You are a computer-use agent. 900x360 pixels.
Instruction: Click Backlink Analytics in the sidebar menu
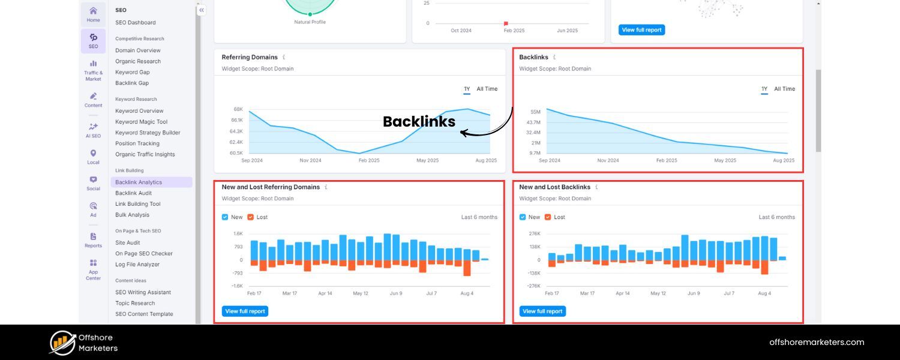(x=139, y=182)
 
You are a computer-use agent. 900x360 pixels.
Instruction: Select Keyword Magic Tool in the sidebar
(x=141, y=122)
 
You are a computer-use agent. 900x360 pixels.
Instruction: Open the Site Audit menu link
(x=127, y=243)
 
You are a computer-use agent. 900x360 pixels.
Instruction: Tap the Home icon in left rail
(x=93, y=14)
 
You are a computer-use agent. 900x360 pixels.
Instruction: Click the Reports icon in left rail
(x=93, y=240)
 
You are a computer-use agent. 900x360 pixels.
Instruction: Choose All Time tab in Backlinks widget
(x=784, y=89)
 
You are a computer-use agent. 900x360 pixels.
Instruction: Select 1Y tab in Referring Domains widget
(x=467, y=89)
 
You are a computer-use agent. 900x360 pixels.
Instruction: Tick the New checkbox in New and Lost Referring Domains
(x=225, y=217)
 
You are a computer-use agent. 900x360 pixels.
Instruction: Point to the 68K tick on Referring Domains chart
(x=238, y=109)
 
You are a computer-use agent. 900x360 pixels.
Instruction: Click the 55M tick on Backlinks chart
(x=535, y=112)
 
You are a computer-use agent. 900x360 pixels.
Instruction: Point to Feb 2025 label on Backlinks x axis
(x=667, y=161)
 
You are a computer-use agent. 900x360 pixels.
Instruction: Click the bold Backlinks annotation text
(x=419, y=122)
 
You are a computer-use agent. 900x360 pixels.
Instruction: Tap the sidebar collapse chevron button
(x=202, y=10)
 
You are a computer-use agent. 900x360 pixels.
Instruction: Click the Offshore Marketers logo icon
(x=62, y=343)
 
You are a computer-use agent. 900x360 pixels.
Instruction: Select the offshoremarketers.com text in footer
(x=817, y=343)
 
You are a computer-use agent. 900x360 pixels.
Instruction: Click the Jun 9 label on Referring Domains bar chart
(x=396, y=293)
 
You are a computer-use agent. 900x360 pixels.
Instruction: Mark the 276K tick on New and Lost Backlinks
(x=534, y=233)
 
